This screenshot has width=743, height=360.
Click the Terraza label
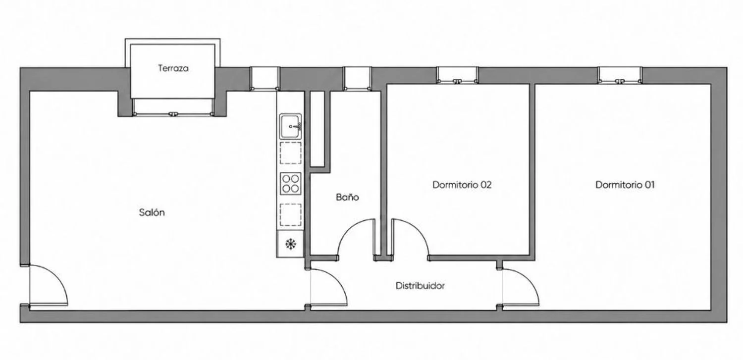tap(173, 68)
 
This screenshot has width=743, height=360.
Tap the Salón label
tap(152, 212)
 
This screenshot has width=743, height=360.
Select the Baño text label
tap(347, 197)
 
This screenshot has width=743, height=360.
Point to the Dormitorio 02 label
tap(462, 185)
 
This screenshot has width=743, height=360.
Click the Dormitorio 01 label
tap(625, 185)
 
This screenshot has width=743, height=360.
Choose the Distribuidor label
tap(420, 286)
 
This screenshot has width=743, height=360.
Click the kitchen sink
tap(290, 126)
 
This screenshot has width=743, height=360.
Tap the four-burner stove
tap(291, 183)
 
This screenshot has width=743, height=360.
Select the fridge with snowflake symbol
tap(290, 244)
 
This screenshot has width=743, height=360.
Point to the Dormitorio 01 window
tap(620, 75)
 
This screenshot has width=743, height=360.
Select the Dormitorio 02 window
tap(457, 75)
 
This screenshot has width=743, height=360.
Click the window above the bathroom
tap(357, 78)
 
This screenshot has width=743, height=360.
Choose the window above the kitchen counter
tap(265, 78)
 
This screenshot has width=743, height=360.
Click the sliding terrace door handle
tap(172, 114)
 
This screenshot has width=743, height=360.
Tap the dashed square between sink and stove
tap(291, 153)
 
